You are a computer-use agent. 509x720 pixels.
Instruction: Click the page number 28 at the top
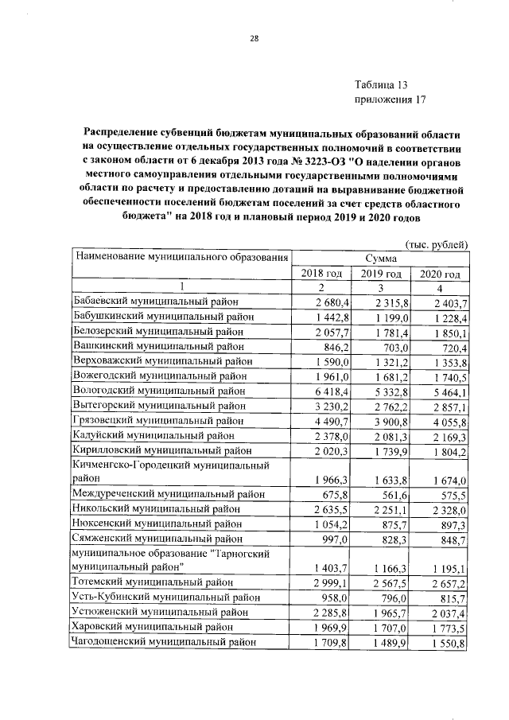click(254, 38)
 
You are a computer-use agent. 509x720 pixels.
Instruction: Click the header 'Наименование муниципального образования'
click(180, 257)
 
